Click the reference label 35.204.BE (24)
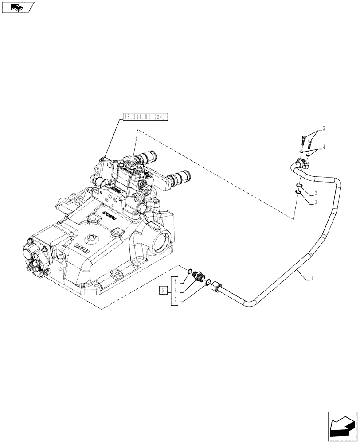tap(145, 117)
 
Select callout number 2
tap(315, 193)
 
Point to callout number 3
tap(315, 202)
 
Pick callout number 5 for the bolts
tap(324, 129)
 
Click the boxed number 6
tap(163, 291)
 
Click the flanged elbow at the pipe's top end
tap(301, 166)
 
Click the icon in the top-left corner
tap(18, 7)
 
